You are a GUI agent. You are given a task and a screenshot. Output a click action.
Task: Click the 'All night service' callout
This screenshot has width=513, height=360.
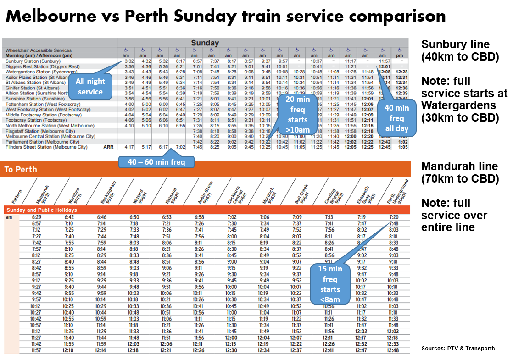pyautogui.click(x=91, y=87)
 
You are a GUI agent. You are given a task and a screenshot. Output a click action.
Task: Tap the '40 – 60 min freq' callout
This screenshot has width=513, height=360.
pyautogui.click(x=156, y=162)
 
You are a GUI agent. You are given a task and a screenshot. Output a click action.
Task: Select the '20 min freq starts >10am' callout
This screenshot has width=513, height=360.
pyautogui.click(x=297, y=115)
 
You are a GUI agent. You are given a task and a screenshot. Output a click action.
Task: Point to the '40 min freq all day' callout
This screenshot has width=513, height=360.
pyautogui.click(x=396, y=118)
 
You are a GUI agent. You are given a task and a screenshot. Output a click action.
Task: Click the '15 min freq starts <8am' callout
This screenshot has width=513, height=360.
pyautogui.click(x=330, y=284)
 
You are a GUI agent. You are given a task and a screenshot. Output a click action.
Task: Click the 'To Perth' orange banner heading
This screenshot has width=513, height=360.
pyautogui.click(x=21, y=169)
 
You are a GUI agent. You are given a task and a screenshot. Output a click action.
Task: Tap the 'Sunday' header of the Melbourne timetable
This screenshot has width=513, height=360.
pyautogui.click(x=205, y=43)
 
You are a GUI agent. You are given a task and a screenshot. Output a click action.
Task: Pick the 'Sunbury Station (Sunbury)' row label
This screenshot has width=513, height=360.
pyautogui.click(x=33, y=61)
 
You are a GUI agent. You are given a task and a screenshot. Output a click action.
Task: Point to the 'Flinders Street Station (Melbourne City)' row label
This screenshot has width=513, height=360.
pyautogui.click(x=46, y=147)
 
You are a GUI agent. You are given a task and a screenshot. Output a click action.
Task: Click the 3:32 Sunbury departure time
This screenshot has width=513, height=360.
pyautogui.click(x=129, y=61)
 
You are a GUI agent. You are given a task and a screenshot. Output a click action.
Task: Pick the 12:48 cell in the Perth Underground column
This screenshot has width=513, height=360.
pyautogui.click(x=393, y=350)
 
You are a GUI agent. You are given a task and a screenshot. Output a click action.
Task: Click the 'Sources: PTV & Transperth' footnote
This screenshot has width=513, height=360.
pyautogui.click(x=457, y=349)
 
